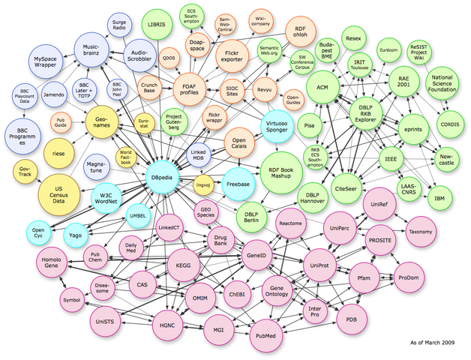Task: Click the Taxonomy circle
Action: pyautogui.click(x=421, y=232)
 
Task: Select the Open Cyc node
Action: pyautogui.click(x=38, y=231)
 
